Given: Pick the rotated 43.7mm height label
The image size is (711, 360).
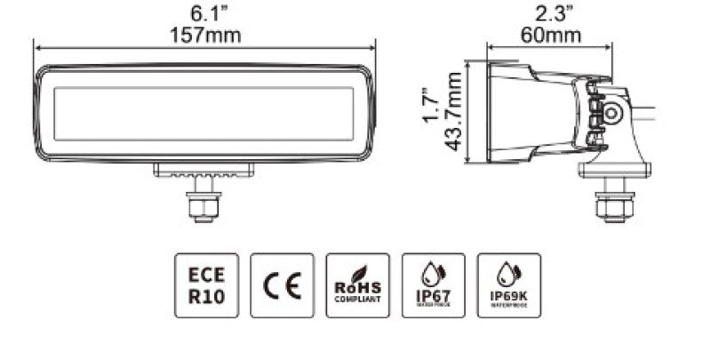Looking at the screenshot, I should [454, 111].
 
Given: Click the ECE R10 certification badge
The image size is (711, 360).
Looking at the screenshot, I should [206, 285].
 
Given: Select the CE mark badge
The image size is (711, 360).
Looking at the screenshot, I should [282, 285].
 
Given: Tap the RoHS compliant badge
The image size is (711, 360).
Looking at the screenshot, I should [357, 285].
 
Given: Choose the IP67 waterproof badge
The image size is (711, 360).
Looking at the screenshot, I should [433, 285].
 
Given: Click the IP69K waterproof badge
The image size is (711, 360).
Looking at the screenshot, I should [508, 285].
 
